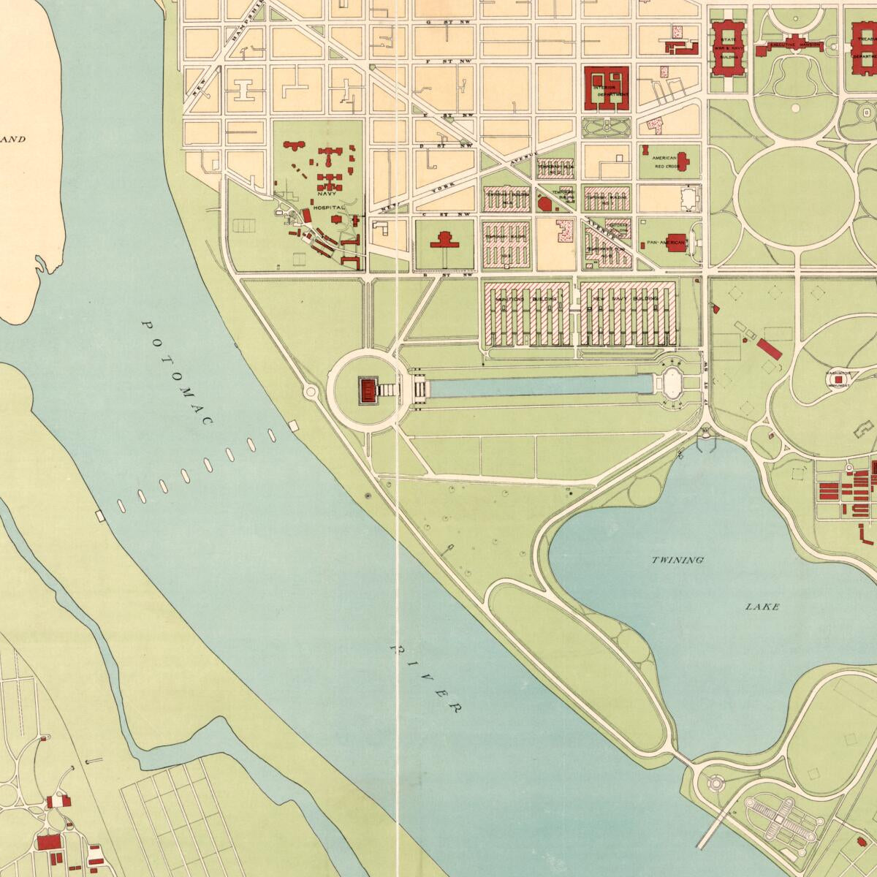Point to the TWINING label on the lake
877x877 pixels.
pyautogui.click(x=677, y=560)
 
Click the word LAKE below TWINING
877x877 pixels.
pyautogui.click(x=762, y=607)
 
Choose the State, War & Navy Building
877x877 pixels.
pyautogui.click(x=726, y=48)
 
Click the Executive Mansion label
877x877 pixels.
pyautogui.click(x=794, y=45)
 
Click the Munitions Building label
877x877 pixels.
pyautogui.click(x=526, y=299)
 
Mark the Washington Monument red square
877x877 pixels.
pyautogui.click(x=838, y=379)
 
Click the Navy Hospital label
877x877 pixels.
pyautogui.click(x=328, y=208)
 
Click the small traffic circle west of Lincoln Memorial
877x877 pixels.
pyautogui.click(x=311, y=392)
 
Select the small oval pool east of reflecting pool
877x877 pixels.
pyautogui.click(x=672, y=381)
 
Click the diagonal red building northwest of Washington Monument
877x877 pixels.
pyautogui.click(x=770, y=349)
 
